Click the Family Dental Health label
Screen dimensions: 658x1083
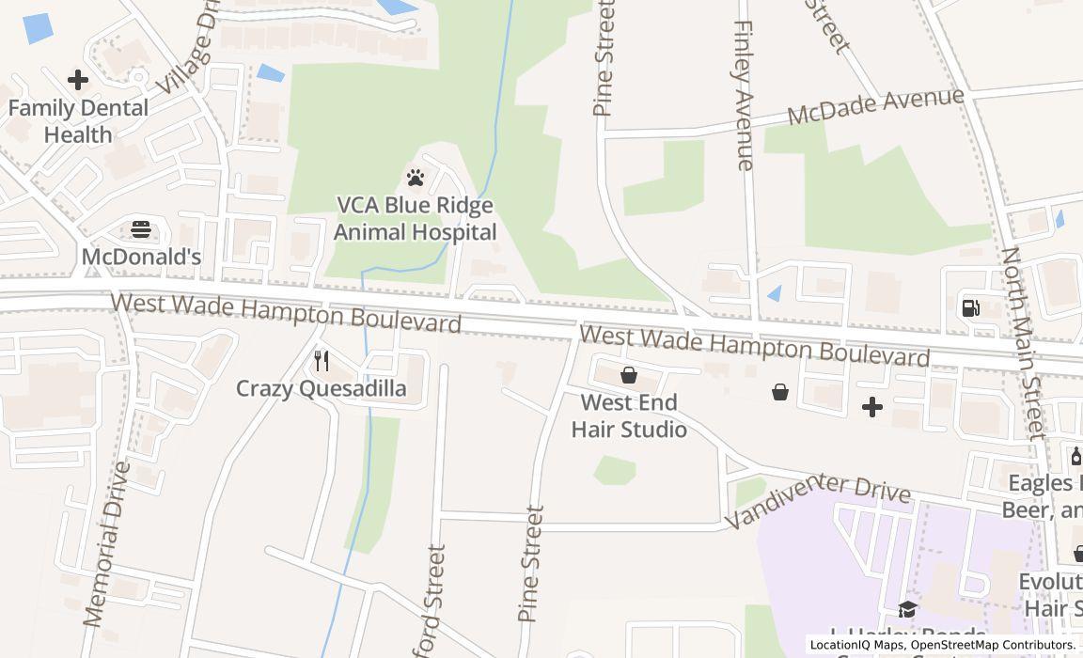[x=78, y=121]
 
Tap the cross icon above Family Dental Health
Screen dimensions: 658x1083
[x=78, y=80]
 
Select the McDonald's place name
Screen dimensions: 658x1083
[x=141, y=257]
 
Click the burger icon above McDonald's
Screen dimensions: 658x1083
[x=141, y=228]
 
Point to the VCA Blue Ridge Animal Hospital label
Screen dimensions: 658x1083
[x=416, y=218]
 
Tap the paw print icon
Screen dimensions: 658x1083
[x=416, y=177]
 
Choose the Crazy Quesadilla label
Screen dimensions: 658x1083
[x=322, y=388]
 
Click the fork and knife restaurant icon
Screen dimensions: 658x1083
[x=322, y=360]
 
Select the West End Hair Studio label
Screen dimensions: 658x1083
[x=629, y=415]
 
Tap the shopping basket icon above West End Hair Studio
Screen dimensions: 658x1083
[x=629, y=376]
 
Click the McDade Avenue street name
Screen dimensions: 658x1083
[x=875, y=106]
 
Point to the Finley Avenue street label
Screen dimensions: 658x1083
[x=745, y=96]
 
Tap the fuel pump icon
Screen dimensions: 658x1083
[x=970, y=307]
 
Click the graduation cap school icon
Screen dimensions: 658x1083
[x=907, y=610]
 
